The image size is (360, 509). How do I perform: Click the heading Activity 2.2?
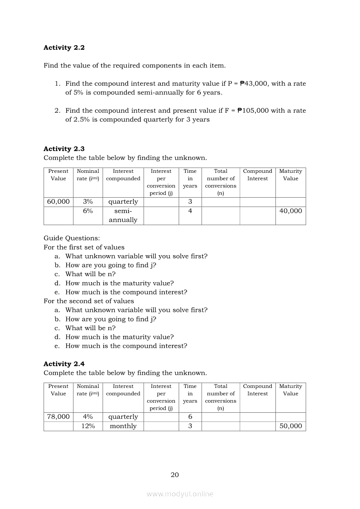click(x=64, y=47)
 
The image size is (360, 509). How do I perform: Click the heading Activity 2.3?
click(x=64, y=149)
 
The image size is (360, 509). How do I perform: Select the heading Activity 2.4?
click(x=64, y=364)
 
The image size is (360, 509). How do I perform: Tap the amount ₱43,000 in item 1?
click(x=254, y=84)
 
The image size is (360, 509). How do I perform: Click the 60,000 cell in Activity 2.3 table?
click(x=58, y=202)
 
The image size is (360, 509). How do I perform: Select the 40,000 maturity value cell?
click(x=291, y=211)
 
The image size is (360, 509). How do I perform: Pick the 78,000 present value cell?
click(x=58, y=417)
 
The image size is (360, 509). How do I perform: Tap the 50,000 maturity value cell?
click(x=291, y=426)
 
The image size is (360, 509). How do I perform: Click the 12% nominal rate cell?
click(x=88, y=426)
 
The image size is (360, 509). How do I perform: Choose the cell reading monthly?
click(x=123, y=426)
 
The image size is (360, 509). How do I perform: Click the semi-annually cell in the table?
click(x=123, y=215)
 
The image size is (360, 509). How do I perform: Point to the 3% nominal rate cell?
click(x=88, y=202)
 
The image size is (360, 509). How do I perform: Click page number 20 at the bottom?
click(x=175, y=475)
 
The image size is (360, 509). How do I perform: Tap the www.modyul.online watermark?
click(x=180, y=494)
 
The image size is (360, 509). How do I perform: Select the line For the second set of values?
click(x=89, y=301)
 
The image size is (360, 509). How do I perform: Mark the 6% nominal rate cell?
click(x=88, y=211)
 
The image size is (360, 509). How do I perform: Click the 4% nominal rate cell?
click(x=88, y=417)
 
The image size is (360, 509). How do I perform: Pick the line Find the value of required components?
click(x=135, y=66)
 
